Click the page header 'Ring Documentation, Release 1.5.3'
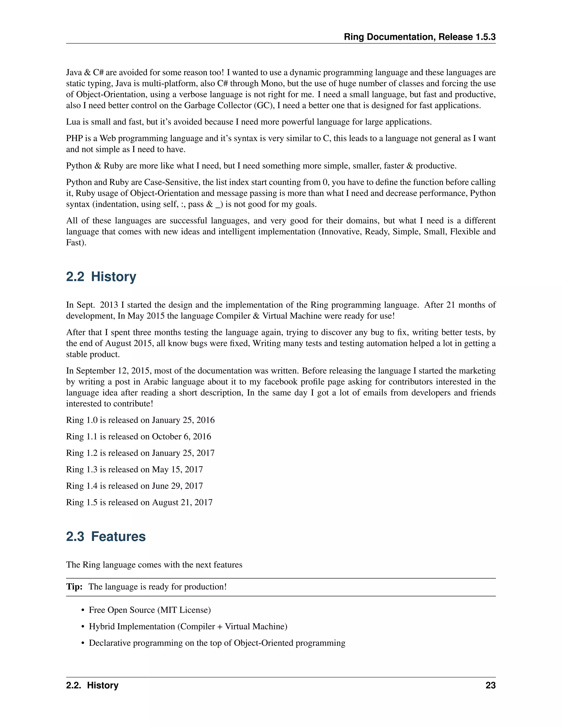[420, 37]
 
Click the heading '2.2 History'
[101, 277]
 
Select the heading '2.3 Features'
[106, 537]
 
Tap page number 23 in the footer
[490, 685]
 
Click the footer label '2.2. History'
[92, 685]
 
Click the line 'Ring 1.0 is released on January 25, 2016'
[140, 420]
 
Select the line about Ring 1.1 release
[139, 436]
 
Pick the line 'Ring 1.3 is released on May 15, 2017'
[134, 469]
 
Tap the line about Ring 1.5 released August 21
[139, 502]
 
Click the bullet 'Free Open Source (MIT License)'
[150, 610]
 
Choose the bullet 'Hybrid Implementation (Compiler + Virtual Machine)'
[188, 627]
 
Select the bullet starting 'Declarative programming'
[217, 643]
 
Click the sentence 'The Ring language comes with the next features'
[154, 565]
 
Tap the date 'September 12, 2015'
[113, 371]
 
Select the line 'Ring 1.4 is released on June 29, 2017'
[134, 486]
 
